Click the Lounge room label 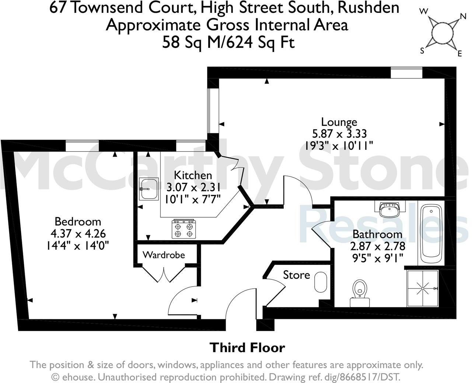pyautogui.click(x=339, y=122)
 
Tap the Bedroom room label pyautogui.click(x=77, y=221)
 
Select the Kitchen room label pyautogui.click(x=193, y=175)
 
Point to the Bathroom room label pyautogui.click(x=377, y=234)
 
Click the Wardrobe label pyautogui.click(x=164, y=254)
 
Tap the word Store pyautogui.click(x=296, y=275)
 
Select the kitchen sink pyautogui.click(x=149, y=189)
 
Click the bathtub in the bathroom pyautogui.click(x=431, y=232)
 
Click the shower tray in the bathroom pyautogui.click(x=423, y=289)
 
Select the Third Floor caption pyautogui.click(x=247, y=347)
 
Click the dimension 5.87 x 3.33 pyautogui.click(x=339, y=133)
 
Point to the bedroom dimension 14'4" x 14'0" pyautogui.click(x=77, y=245)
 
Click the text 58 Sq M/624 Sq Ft pyautogui.click(x=228, y=43)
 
